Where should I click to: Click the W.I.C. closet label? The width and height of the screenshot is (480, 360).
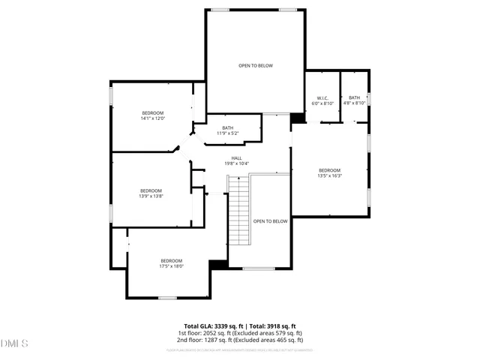(x=322, y=97)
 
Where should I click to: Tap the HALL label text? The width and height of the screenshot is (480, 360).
(x=236, y=157)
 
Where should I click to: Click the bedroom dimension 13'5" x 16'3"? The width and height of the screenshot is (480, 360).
(x=329, y=176)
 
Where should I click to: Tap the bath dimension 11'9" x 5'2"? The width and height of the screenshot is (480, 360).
(x=227, y=133)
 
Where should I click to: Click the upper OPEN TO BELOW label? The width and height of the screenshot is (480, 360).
(x=256, y=66)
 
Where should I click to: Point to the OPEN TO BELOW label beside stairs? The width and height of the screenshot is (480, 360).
(x=270, y=221)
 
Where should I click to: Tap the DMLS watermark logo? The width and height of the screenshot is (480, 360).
(x=13, y=343)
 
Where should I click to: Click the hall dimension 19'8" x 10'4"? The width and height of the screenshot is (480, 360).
(x=236, y=163)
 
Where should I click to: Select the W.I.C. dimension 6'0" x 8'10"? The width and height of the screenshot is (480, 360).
(x=322, y=103)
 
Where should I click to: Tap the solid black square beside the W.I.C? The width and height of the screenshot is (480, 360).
(x=298, y=118)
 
